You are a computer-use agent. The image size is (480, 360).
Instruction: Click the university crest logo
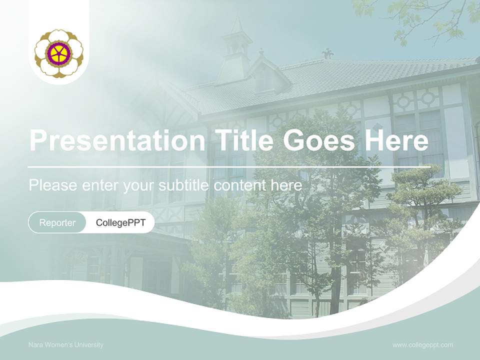click(x=59, y=53)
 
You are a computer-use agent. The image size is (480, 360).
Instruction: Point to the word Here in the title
click(x=396, y=140)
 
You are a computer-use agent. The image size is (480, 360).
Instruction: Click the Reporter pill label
click(x=57, y=222)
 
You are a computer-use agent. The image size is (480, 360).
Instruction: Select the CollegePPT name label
click(x=120, y=222)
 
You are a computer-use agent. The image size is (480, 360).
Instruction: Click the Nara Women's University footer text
click(x=66, y=345)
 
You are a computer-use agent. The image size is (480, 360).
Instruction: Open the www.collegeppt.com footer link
click(x=422, y=345)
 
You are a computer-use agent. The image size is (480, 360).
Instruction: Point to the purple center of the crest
click(x=58, y=53)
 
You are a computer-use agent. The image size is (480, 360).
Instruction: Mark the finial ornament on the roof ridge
click(x=327, y=53)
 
